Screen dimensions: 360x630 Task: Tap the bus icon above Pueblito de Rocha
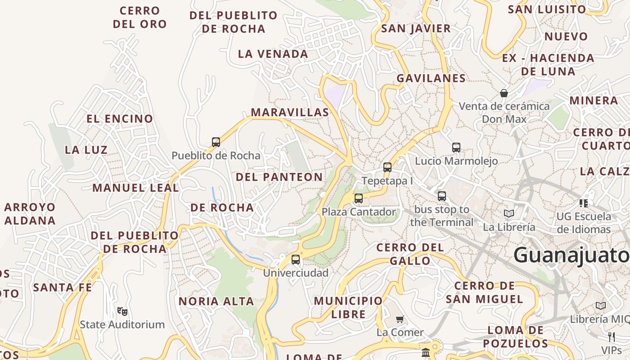(x=216, y=142)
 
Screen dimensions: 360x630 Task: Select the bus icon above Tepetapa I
(x=387, y=167)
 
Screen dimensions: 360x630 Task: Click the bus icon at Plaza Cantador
(x=359, y=198)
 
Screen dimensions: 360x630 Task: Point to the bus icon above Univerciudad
(x=296, y=259)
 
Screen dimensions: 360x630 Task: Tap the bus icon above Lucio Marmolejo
(x=456, y=147)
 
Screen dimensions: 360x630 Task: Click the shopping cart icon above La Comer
(x=400, y=319)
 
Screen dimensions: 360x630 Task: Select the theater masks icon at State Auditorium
(x=122, y=310)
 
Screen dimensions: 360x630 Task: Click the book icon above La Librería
(x=509, y=213)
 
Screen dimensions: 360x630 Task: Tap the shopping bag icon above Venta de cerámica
(x=504, y=93)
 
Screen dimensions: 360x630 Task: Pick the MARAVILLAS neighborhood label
(x=290, y=112)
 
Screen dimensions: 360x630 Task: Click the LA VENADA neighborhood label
(x=273, y=54)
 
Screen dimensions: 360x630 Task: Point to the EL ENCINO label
(x=120, y=119)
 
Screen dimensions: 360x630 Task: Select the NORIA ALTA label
(x=216, y=301)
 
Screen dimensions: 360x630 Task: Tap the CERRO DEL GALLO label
(x=410, y=254)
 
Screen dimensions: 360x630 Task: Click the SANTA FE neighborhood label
(x=63, y=287)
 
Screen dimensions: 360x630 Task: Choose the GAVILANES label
(x=431, y=78)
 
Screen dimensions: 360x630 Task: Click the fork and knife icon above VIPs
(x=611, y=337)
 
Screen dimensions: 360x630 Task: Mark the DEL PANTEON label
(x=279, y=177)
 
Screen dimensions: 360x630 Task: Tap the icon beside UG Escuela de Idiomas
(x=584, y=203)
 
